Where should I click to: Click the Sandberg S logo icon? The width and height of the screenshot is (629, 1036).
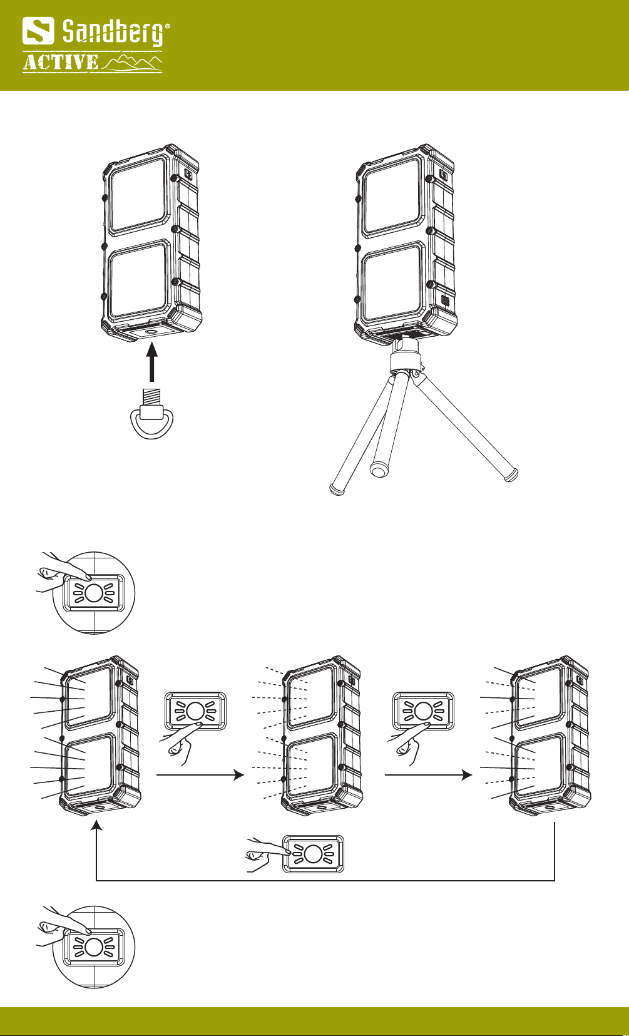38,31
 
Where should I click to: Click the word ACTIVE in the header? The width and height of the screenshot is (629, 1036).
61,63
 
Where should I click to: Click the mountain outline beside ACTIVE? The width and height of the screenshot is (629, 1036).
132,63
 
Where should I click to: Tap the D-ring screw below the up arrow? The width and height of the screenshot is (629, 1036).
151,414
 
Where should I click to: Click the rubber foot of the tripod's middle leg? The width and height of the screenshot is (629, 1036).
379,470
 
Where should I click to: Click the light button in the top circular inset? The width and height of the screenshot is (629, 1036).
94,593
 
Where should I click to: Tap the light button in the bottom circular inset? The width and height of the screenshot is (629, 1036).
94,947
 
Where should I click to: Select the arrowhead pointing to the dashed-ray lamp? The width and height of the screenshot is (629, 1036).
239,775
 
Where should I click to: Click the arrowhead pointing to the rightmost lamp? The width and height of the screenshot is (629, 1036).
467,775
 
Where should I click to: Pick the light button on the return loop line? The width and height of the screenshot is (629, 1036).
313,854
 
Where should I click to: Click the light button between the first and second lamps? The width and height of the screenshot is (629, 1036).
196,711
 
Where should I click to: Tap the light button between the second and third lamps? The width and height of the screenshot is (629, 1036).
423,711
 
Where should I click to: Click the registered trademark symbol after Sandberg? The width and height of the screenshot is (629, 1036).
168,27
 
